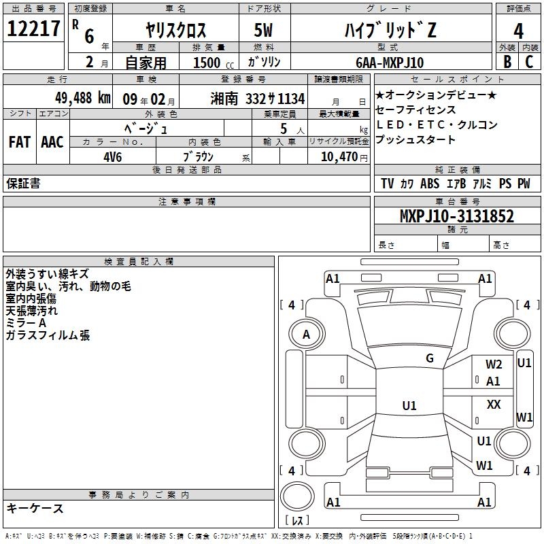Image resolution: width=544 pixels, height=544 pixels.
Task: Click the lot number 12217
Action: pyautogui.click(x=33, y=29)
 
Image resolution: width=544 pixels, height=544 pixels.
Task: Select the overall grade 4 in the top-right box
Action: pyautogui.click(x=518, y=31)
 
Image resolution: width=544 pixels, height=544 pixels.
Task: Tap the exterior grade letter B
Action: pyautogui.click(x=507, y=62)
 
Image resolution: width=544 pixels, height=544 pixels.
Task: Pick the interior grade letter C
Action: pyautogui.click(x=529, y=62)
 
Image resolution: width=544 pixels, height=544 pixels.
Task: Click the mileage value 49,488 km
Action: pyautogui.click(x=83, y=98)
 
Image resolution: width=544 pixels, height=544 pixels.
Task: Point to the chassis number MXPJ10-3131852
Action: pyautogui.click(x=457, y=216)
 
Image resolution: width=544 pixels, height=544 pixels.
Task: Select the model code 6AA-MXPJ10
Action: pyautogui.click(x=390, y=63)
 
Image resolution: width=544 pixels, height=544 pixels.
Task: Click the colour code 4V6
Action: pyautogui.click(x=113, y=157)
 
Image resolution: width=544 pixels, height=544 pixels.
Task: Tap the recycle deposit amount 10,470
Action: pyautogui.click(x=339, y=156)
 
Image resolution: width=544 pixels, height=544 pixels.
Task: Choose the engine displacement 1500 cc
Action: pyautogui.click(x=214, y=63)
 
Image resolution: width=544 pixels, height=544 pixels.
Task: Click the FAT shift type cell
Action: pyautogui.click(x=20, y=142)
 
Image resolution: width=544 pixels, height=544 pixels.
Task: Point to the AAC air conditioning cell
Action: pyautogui.click(x=52, y=142)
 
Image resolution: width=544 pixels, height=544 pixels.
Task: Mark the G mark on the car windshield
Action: pyautogui.click(x=430, y=358)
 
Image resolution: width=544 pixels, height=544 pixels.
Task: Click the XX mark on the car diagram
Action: pyautogui.click(x=494, y=404)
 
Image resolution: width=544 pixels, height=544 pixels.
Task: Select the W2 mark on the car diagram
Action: pyautogui.click(x=494, y=364)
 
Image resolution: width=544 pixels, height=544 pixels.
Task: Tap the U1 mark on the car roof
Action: pyautogui.click(x=409, y=405)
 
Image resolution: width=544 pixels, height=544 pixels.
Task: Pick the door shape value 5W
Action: pyautogui.click(x=263, y=30)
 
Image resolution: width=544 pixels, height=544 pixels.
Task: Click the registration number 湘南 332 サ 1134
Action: pyautogui.click(x=258, y=99)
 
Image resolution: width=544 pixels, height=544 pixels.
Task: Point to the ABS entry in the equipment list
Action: pyautogui.click(x=430, y=184)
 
